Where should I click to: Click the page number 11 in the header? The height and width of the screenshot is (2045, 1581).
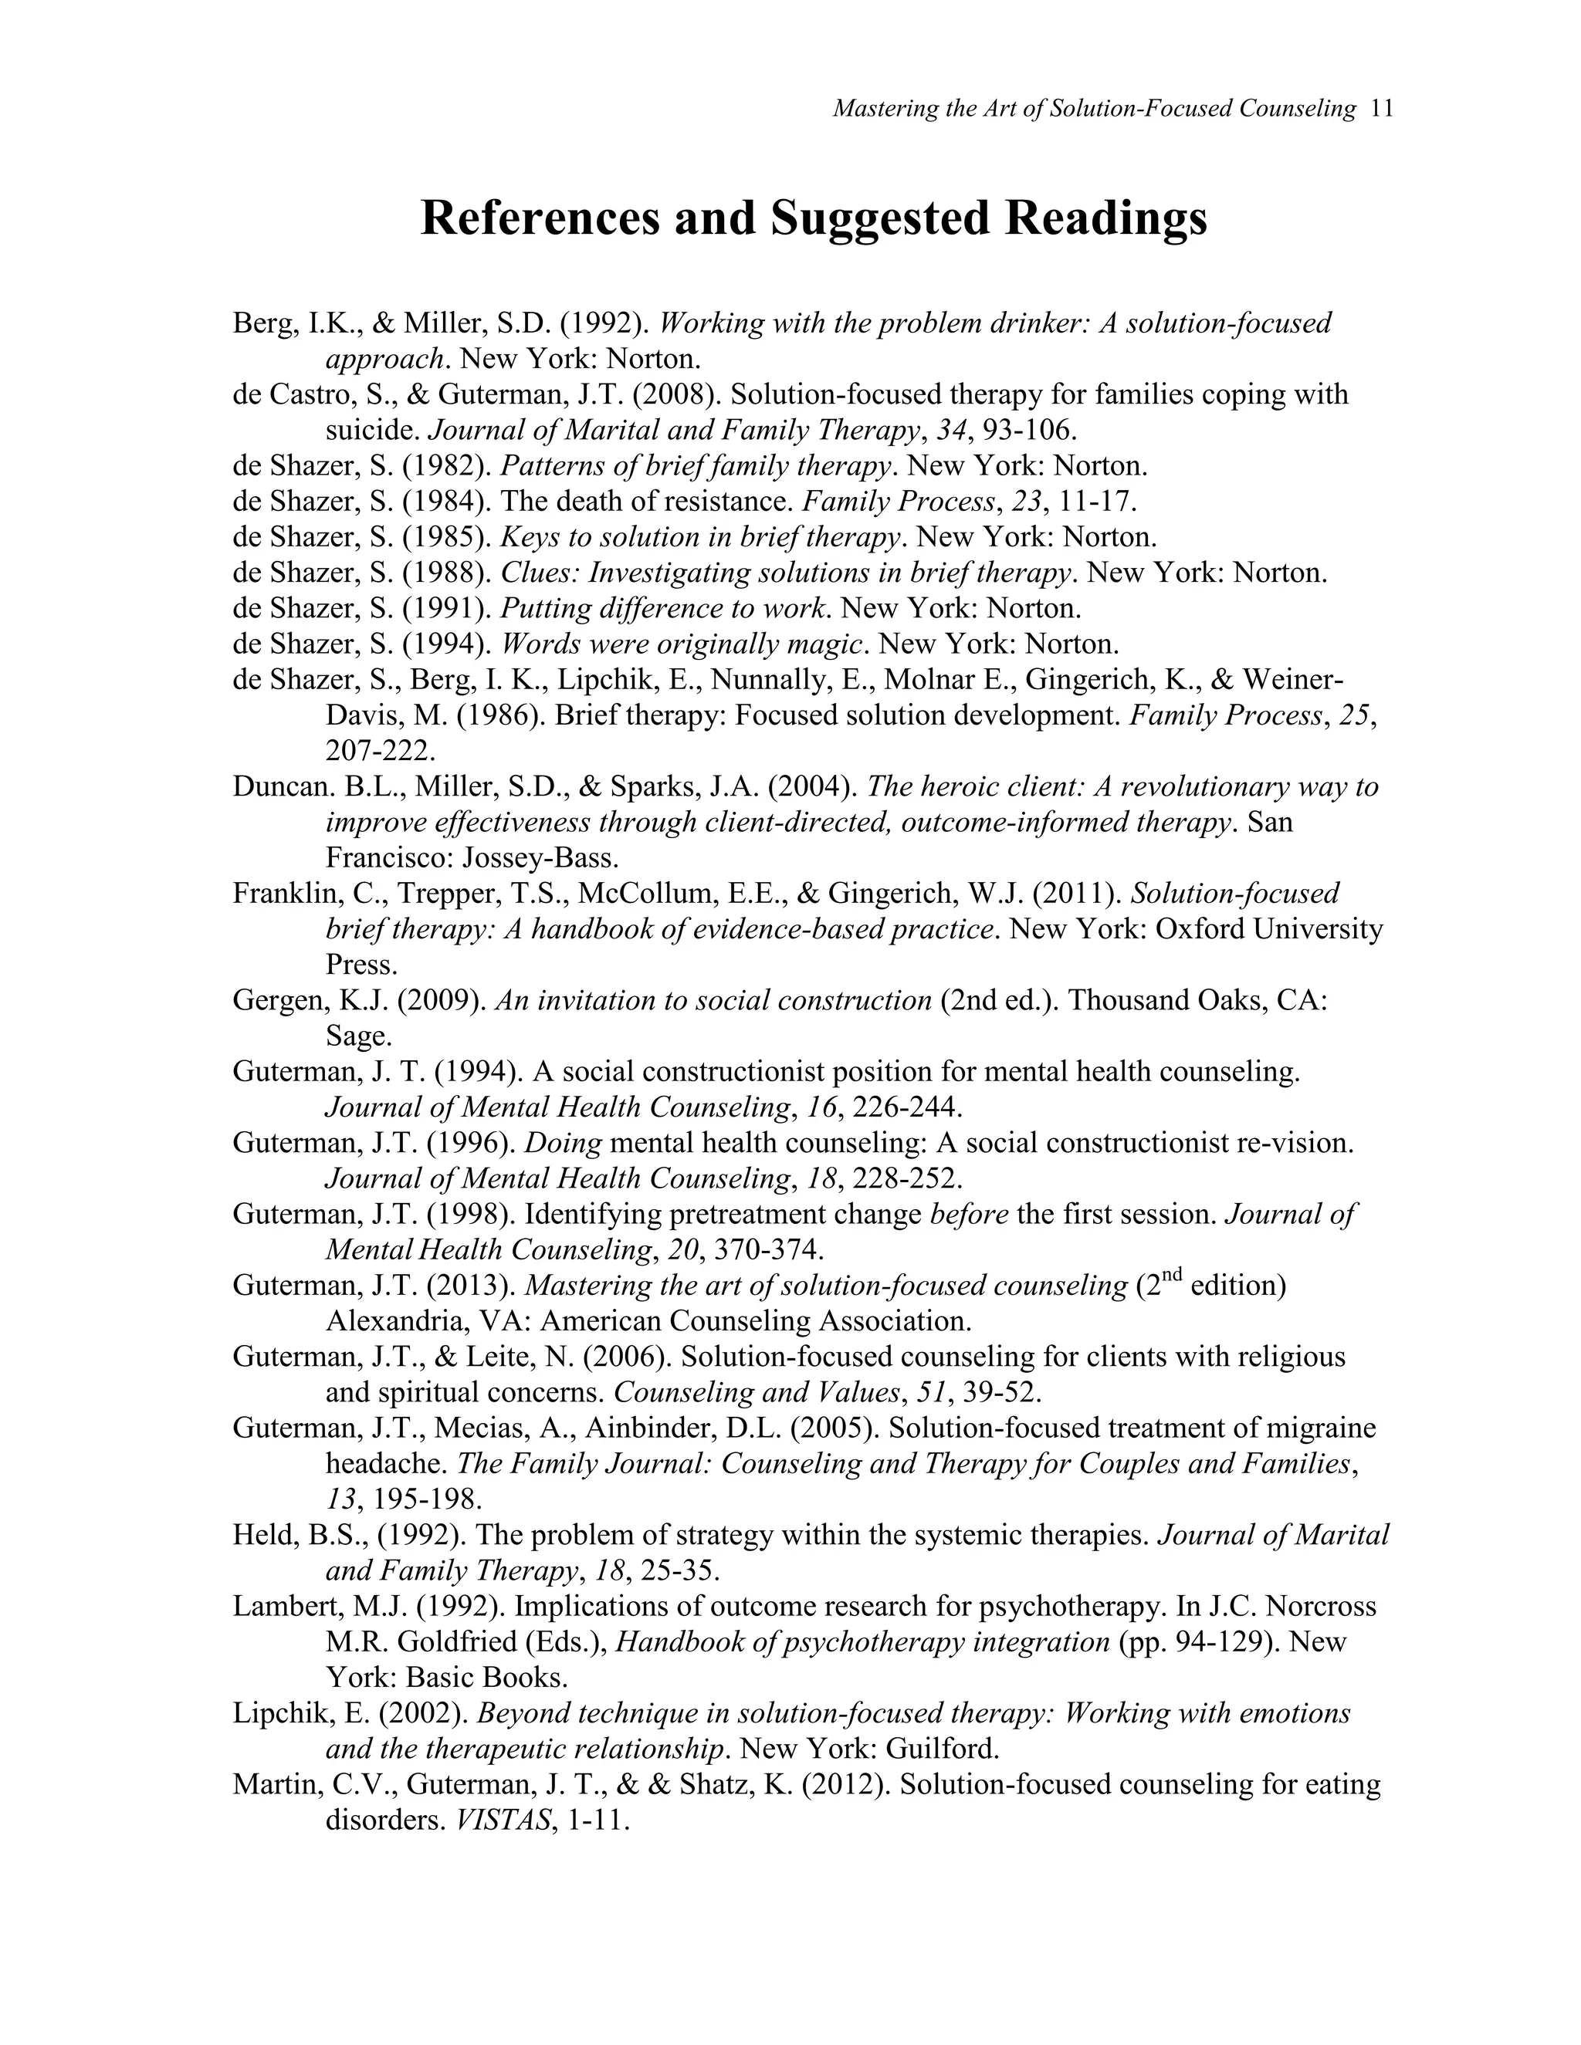(x=1382, y=109)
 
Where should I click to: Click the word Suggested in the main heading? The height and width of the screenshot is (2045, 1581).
(x=879, y=218)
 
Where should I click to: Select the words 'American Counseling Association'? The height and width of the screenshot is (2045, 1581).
(x=755, y=1321)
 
